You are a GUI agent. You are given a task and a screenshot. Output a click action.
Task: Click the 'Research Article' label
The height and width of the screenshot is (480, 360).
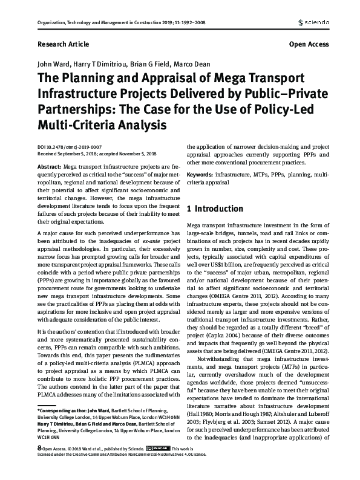62,45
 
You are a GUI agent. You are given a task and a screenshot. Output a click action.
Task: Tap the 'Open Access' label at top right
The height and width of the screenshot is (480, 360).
309,45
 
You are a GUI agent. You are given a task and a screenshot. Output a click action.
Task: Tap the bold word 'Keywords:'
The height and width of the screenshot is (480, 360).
201,174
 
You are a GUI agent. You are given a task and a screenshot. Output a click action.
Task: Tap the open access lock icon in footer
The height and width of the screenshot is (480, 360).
39,466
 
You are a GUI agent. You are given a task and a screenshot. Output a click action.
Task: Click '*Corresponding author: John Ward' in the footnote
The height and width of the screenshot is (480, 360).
70,427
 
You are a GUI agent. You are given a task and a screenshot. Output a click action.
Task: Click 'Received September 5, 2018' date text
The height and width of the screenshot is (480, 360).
68,153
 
